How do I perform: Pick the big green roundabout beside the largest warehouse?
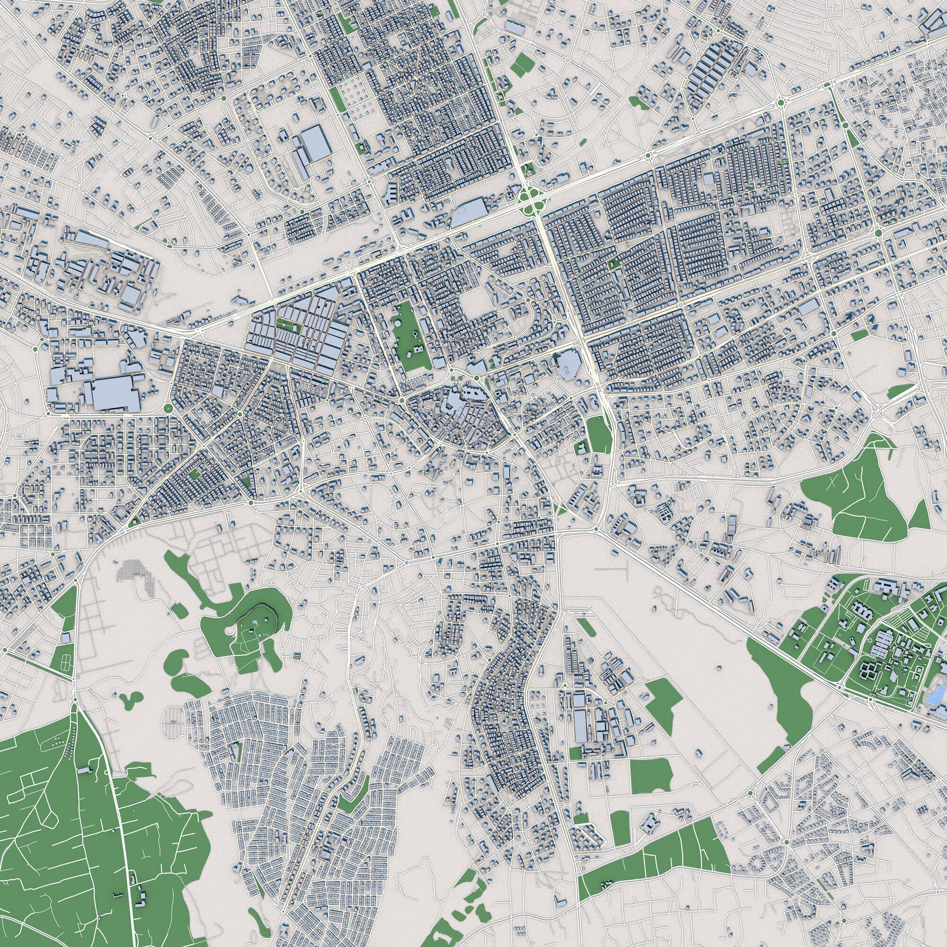(167, 408)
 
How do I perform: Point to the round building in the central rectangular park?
(399, 324)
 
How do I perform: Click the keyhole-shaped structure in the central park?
(415, 334)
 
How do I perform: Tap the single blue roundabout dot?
(407, 563)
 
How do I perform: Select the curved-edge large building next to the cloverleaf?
(470, 212)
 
